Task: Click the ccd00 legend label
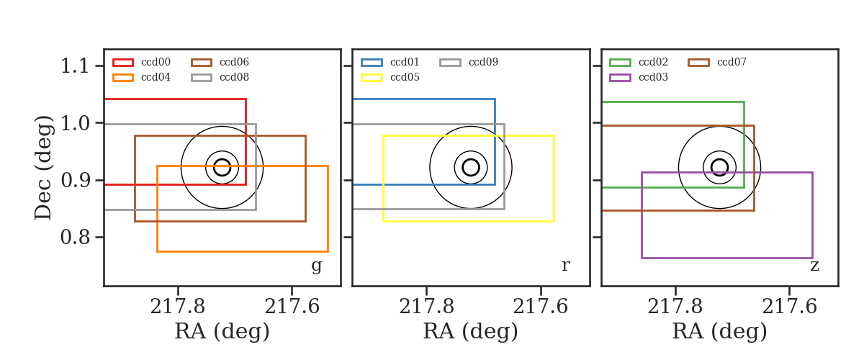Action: tap(156, 62)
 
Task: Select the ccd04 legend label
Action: tap(156, 77)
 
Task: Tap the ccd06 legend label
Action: tap(234, 62)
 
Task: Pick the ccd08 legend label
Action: tap(234, 77)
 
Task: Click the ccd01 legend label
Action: tap(405, 62)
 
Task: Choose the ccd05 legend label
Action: tap(405, 77)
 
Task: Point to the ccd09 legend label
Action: tap(483, 62)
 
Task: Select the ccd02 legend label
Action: tap(653, 62)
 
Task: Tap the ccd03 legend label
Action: tap(653, 77)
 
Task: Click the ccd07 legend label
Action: tap(732, 62)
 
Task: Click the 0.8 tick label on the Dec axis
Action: tap(75, 237)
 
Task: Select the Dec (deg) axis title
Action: tap(42, 168)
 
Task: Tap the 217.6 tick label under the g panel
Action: tap(292, 307)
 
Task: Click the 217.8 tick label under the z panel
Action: tap(675, 307)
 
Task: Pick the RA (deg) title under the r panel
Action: tap(471, 331)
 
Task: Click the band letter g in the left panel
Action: tap(316, 266)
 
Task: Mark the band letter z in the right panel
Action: tap(814, 266)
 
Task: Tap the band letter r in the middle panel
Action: tap(565, 266)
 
